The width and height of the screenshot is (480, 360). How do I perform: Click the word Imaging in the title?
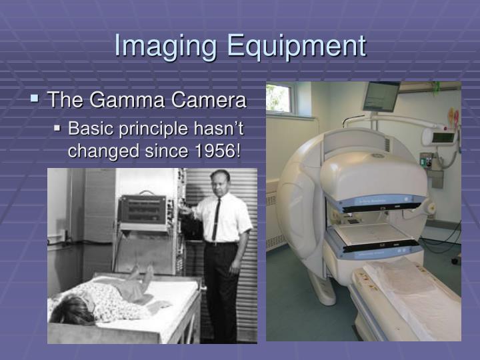point(167,46)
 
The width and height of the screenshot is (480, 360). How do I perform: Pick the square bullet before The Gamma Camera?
point(34,100)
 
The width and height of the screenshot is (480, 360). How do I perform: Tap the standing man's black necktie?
point(216,221)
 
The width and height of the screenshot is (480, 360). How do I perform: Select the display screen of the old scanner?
point(143,209)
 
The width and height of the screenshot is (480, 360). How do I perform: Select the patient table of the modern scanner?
point(407,293)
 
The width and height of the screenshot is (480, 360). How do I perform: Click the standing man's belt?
point(220,243)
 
